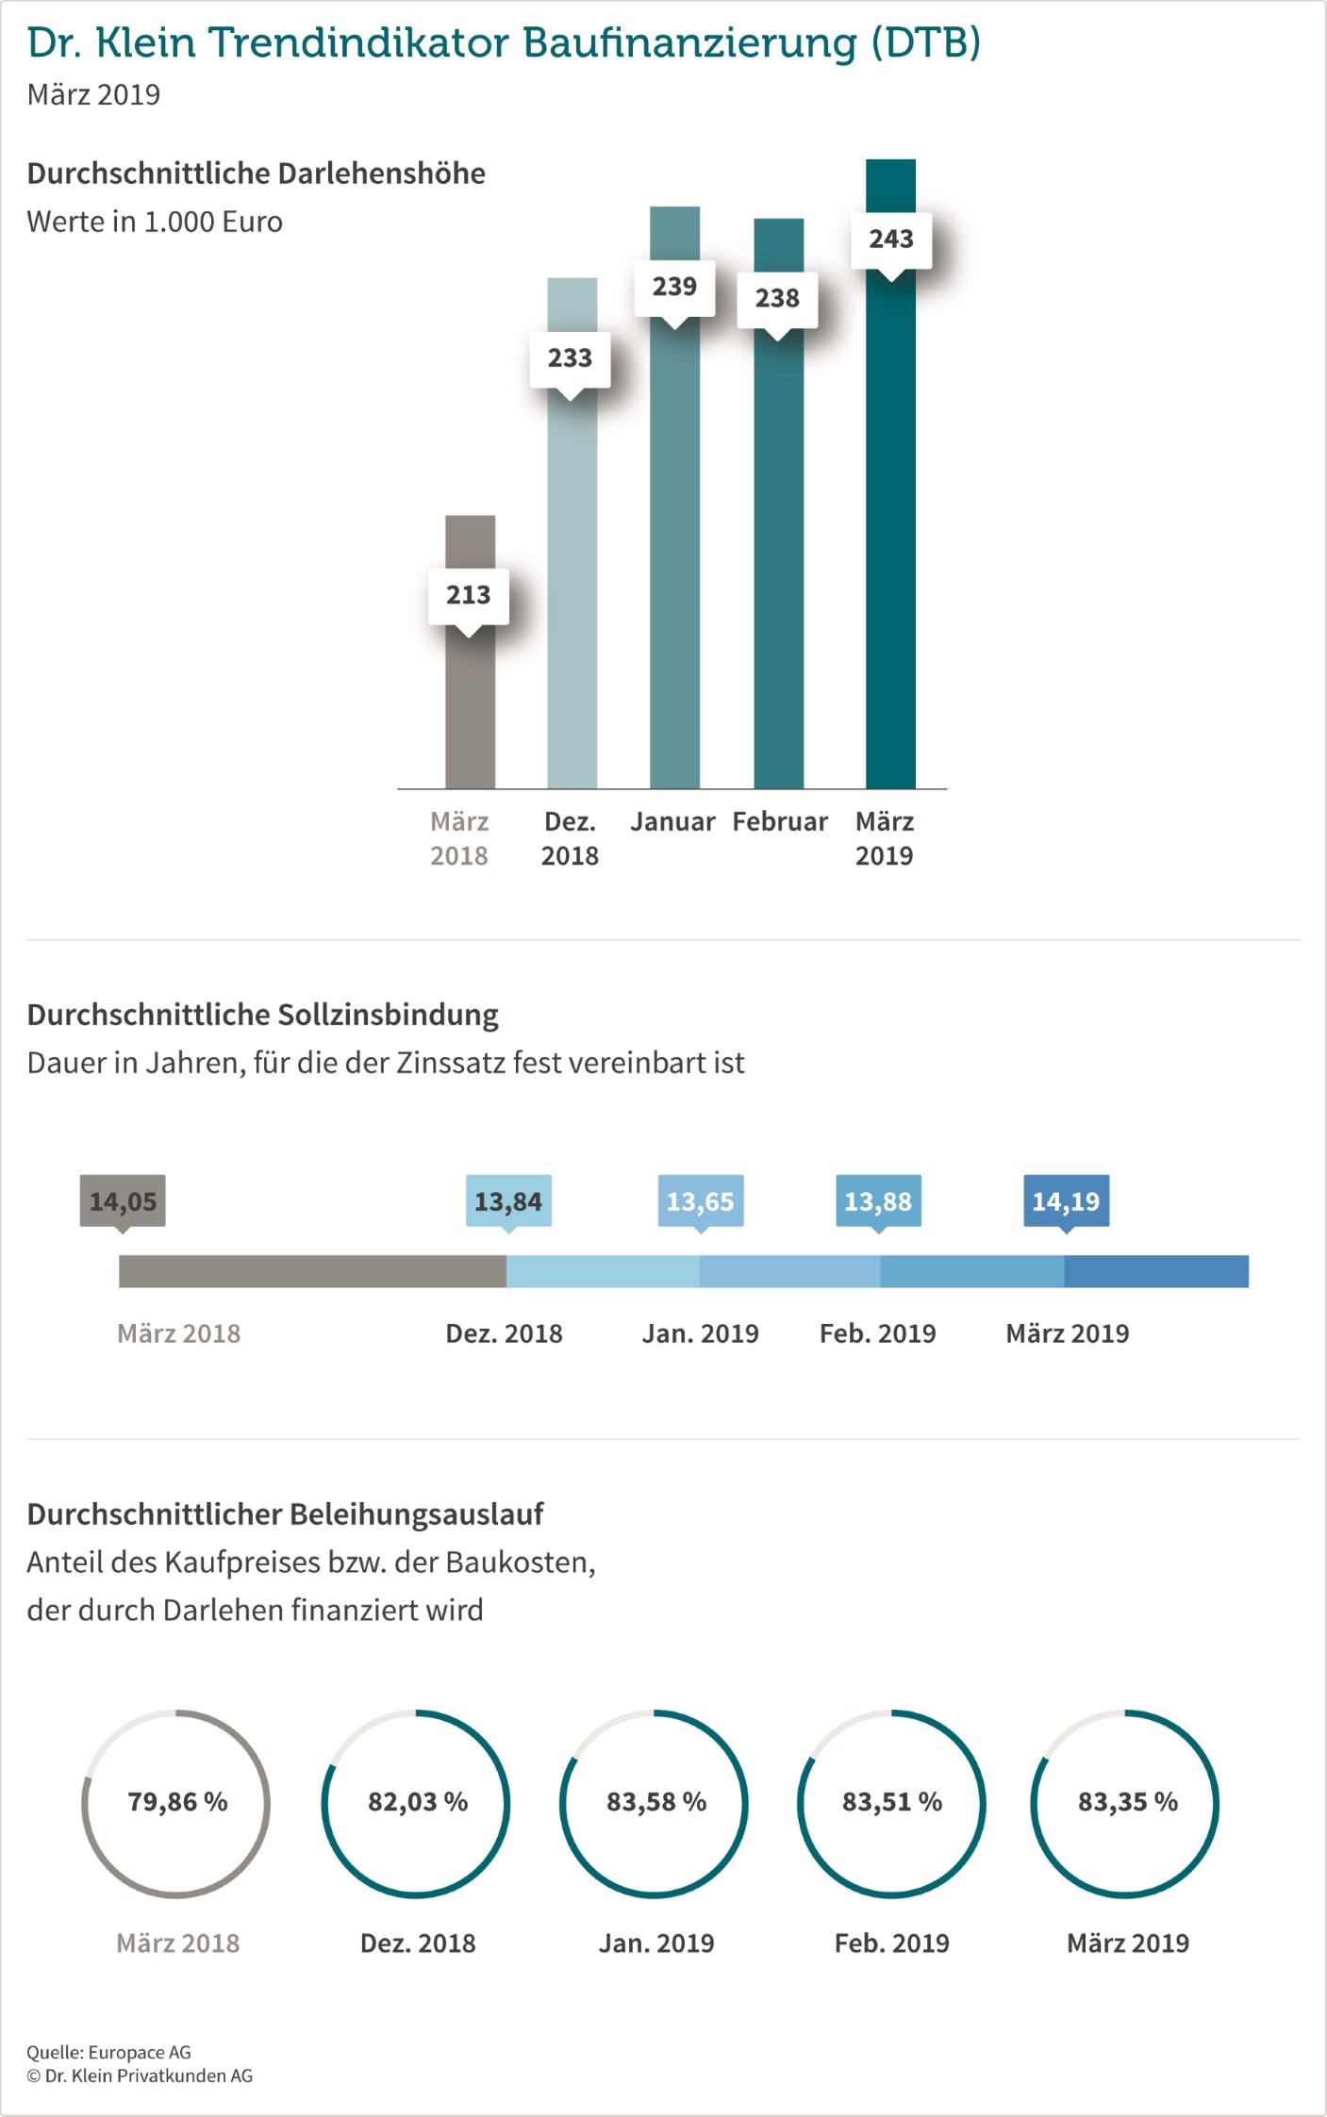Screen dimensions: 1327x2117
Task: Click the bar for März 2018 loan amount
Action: tap(470, 717)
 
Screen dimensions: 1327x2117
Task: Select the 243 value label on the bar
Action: tap(891, 240)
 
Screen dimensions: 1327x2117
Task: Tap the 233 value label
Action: tap(570, 358)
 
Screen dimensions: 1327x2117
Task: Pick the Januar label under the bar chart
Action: tap(672, 821)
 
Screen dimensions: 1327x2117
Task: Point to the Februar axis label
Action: tap(780, 821)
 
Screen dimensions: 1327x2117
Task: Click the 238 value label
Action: tap(777, 299)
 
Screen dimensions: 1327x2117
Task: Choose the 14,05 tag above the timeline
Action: tap(123, 1201)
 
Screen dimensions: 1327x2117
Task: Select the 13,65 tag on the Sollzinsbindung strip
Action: tap(700, 1201)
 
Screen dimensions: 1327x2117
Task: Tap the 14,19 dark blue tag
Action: tap(1066, 1201)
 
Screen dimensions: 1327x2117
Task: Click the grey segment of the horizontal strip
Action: tap(312, 1271)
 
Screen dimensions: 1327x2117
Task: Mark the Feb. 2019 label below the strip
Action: tap(878, 1333)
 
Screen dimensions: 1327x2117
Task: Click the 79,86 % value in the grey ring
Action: tap(177, 1802)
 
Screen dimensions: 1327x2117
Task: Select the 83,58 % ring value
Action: tap(656, 1802)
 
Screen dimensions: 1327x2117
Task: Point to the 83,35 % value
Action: tap(1128, 1802)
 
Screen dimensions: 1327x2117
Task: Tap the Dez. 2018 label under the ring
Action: tap(418, 1943)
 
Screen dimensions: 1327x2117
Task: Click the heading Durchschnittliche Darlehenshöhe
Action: tap(256, 174)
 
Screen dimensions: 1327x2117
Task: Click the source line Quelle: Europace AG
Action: tap(108, 2052)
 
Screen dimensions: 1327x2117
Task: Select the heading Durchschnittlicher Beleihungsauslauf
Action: tap(285, 1514)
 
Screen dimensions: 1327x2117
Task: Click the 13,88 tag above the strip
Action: tap(878, 1201)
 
